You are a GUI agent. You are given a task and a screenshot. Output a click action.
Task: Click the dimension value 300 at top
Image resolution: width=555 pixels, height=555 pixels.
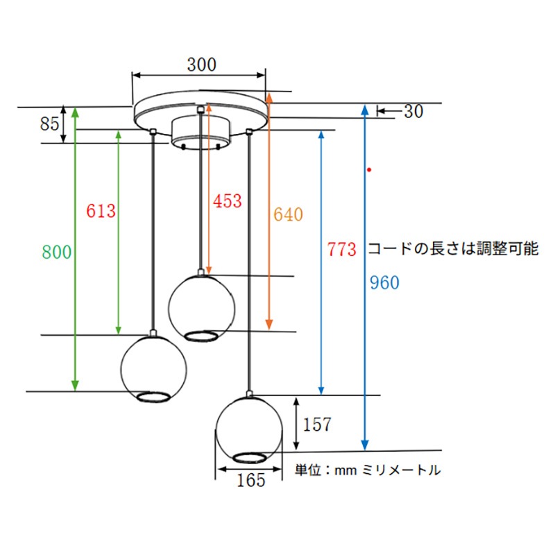pos(201,65)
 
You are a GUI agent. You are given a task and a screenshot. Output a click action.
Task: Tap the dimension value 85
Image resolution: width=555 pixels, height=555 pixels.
pos(49,124)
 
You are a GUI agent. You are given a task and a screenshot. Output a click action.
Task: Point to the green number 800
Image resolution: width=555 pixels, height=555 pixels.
pos(56,252)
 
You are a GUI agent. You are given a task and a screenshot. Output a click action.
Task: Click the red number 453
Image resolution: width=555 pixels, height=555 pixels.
pos(227,201)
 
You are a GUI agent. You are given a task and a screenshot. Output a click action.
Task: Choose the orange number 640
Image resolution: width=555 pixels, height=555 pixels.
pos(288,214)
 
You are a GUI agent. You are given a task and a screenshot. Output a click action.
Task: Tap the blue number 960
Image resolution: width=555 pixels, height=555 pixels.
pos(384,283)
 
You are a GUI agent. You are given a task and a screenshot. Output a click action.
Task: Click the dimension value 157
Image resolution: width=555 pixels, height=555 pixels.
pos(318,424)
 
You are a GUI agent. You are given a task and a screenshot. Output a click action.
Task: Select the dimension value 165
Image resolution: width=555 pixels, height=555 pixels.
pos(250,479)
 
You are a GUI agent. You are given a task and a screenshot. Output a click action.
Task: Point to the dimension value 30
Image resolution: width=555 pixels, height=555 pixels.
pos(413,111)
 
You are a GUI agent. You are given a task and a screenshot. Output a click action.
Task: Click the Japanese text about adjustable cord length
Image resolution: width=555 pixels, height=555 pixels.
pos(452,249)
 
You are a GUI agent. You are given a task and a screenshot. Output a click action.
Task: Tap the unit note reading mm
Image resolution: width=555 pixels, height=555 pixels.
pos(368,470)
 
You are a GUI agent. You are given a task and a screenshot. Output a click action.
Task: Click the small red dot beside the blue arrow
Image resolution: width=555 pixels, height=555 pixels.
pos(370,169)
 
